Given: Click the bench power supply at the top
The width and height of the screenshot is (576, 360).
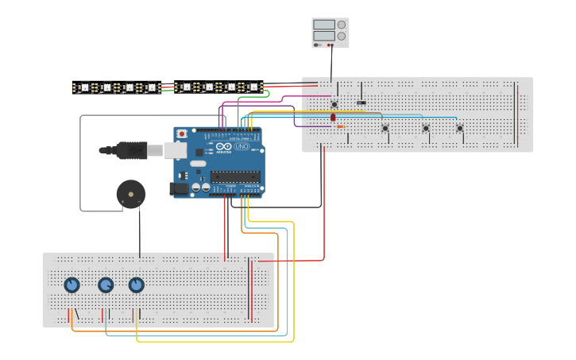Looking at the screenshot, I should pyautogui.click(x=330, y=33).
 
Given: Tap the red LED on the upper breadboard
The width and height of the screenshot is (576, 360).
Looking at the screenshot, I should pyautogui.click(x=333, y=118).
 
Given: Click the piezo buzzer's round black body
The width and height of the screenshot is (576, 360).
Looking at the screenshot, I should pyautogui.click(x=131, y=193).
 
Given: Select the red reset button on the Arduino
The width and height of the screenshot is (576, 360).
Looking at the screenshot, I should pyautogui.click(x=182, y=134).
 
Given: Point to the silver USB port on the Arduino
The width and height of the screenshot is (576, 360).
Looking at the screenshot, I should pyautogui.click(x=176, y=149).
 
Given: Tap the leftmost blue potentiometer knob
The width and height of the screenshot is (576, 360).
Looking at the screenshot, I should pyautogui.click(x=72, y=285).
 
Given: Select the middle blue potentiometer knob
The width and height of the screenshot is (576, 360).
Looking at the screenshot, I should pyautogui.click(x=105, y=285).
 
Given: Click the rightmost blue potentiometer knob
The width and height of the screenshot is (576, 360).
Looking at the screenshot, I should pyautogui.click(x=136, y=285).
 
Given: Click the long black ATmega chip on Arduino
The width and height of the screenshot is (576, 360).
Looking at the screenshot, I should pyautogui.click(x=235, y=176).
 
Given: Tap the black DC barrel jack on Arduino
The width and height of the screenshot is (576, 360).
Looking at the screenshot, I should pyautogui.click(x=179, y=188).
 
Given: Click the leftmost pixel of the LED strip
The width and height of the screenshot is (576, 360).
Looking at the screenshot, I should pyautogui.click(x=83, y=87).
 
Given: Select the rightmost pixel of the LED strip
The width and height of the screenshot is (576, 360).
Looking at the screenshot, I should pyautogui.click(x=253, y=87).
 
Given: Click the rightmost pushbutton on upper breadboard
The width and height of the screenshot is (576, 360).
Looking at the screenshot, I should pyautogui.click(x=459, y=128).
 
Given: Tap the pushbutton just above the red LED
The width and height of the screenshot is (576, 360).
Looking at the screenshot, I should pyautogui.click(x=334, y=104).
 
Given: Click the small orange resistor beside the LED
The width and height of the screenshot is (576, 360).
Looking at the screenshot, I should pyautogui.click(x=341, y=126).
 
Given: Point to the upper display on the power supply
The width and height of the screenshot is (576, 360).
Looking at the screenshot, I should pyautogui.click(x=324, y=25).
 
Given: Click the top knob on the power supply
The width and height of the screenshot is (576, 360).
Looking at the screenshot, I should pyautogui.click(x=342, y=25).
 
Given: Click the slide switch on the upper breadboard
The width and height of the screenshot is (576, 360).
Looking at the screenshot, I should pyautogui.click(x=361, y=103).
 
